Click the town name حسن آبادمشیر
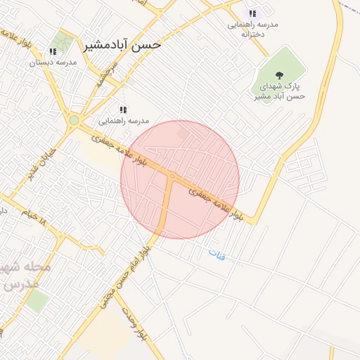click(x=122, y=44)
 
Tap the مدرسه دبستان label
click(x=53, y=63)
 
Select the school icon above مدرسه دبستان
click(x=53, y=51)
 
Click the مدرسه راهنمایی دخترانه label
click(x=252, y=29)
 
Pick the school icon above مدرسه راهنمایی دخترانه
click(x=252, y=13)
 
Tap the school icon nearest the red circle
click(x=123, y=110)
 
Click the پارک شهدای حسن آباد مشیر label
click(x=281, y=91)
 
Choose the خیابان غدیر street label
click(x=41, y=162)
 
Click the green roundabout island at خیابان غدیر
click(x=74, y=120)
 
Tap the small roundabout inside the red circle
click(x=172, y=176)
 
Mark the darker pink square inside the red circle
click(x=183, y=132)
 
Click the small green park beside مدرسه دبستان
click(x=63, y=40)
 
